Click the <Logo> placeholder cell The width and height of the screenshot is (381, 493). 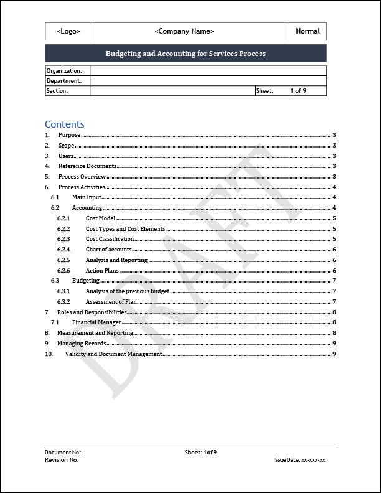(68, 31)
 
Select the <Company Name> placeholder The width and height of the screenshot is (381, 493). (184, 31)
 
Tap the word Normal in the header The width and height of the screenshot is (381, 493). (308, 31)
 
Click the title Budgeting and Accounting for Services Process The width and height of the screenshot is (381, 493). (186, 54)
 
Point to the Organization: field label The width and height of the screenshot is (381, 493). (64, 71)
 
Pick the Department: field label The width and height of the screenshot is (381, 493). (64, 81)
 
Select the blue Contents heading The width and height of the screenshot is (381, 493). (64, 124)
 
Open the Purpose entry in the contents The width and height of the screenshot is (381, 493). (69, 135)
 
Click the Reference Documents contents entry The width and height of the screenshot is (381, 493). (87, 166)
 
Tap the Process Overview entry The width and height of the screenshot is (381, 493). (82, 177)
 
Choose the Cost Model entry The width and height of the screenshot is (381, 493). (100, 218)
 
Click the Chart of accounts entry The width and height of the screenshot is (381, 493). (108, 250)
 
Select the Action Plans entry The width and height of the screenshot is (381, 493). (103, 271)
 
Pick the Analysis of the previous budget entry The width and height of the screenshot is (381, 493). (127, 291)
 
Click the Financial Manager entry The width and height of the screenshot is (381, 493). (96, 322)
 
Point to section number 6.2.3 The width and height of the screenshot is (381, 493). (63, 239)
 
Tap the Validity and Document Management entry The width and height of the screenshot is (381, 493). (113, 354)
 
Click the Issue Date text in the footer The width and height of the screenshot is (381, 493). (299, 460)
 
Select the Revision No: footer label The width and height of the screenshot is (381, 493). (62, 460)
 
